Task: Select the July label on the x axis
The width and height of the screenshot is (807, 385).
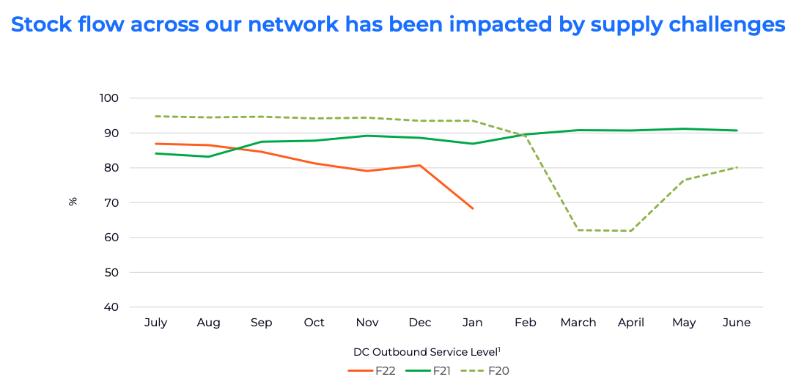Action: (x=155, y=323)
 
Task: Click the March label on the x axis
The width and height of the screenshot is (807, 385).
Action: (x=578, y=323)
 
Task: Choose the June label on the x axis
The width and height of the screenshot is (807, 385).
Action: (x=737, y=323)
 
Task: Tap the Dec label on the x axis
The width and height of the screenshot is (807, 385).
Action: (x=420, y=323)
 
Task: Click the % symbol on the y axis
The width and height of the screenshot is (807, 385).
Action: (x=73, y=201)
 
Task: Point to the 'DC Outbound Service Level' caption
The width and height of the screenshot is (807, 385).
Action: (x=426, y=352)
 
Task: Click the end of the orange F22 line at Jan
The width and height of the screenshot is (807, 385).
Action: (x=473, y=208)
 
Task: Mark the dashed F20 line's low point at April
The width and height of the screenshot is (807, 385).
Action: (x=631, y=231)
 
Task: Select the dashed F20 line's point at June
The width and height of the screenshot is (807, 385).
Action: (x=737, y=167)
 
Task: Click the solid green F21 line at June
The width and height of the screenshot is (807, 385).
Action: (x=737, y=131)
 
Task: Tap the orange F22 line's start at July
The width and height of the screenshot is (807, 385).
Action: (x=155, y=144)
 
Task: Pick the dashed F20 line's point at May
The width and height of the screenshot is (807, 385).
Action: (x=684, y=180)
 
